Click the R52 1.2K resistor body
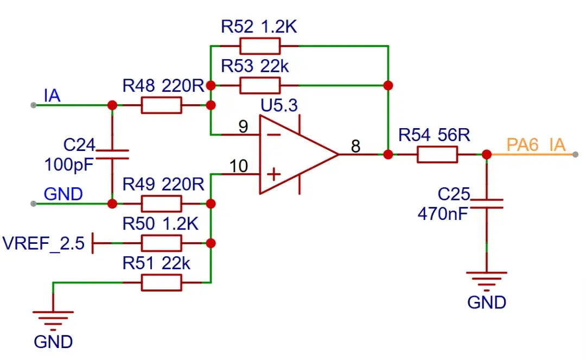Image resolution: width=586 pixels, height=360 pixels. (x=260, y=46)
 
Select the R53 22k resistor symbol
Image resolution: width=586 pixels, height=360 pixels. (x=260, y=85)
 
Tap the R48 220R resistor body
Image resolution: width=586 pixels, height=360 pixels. (x=161, y=105)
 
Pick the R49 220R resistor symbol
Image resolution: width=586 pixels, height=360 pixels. (x=161, y=204)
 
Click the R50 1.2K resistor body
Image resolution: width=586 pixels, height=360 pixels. (x=161, y=243)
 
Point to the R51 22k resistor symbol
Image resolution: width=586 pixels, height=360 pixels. (x=161, y=282)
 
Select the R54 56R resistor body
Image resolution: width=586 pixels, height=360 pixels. (x=437, y=155)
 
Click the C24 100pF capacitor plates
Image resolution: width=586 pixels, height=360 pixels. (x=112, y=154)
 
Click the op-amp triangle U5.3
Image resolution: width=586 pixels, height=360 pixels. (x=293, y=155)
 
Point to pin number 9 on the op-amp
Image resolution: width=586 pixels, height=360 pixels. (x=243, y=127)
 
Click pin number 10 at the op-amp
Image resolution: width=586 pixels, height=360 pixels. (x=239, y=166)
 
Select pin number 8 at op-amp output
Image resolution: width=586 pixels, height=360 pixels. (x=355, y=146)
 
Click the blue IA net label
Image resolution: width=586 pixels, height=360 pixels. (x=52, y=96)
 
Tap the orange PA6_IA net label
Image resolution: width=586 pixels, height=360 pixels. (x=536, y=146)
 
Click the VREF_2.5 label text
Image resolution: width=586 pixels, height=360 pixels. (x=43, y=243)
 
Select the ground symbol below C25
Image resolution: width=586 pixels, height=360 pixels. (x=487, y=280)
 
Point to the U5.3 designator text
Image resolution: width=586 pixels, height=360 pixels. (x=279, y=105)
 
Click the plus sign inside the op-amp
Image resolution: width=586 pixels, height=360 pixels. (x=275, y=174)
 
